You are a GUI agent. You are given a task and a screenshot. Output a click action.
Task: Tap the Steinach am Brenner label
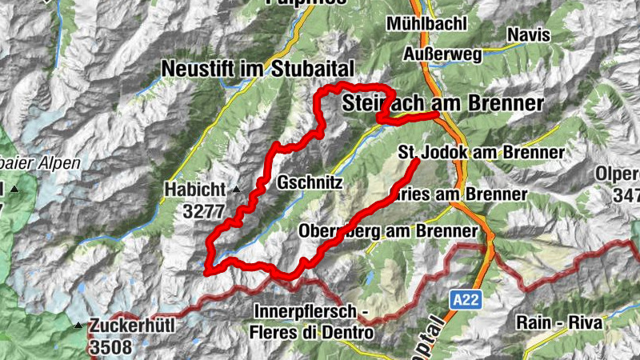[x=442, y=103]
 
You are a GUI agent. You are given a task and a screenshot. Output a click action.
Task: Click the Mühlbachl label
[x=426, y=24]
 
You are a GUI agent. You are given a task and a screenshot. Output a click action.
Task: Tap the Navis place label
[x=528, y=34]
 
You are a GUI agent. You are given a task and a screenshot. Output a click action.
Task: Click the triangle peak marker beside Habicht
[x=237, y=190]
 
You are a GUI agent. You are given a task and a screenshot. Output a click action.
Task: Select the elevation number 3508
[x=111, y=347]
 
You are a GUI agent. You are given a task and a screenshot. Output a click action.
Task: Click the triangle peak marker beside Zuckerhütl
[x=78, y=326]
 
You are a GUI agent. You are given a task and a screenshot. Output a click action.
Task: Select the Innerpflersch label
[x=307, y=310]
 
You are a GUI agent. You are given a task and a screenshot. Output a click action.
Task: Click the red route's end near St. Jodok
[x=417, y=162]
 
